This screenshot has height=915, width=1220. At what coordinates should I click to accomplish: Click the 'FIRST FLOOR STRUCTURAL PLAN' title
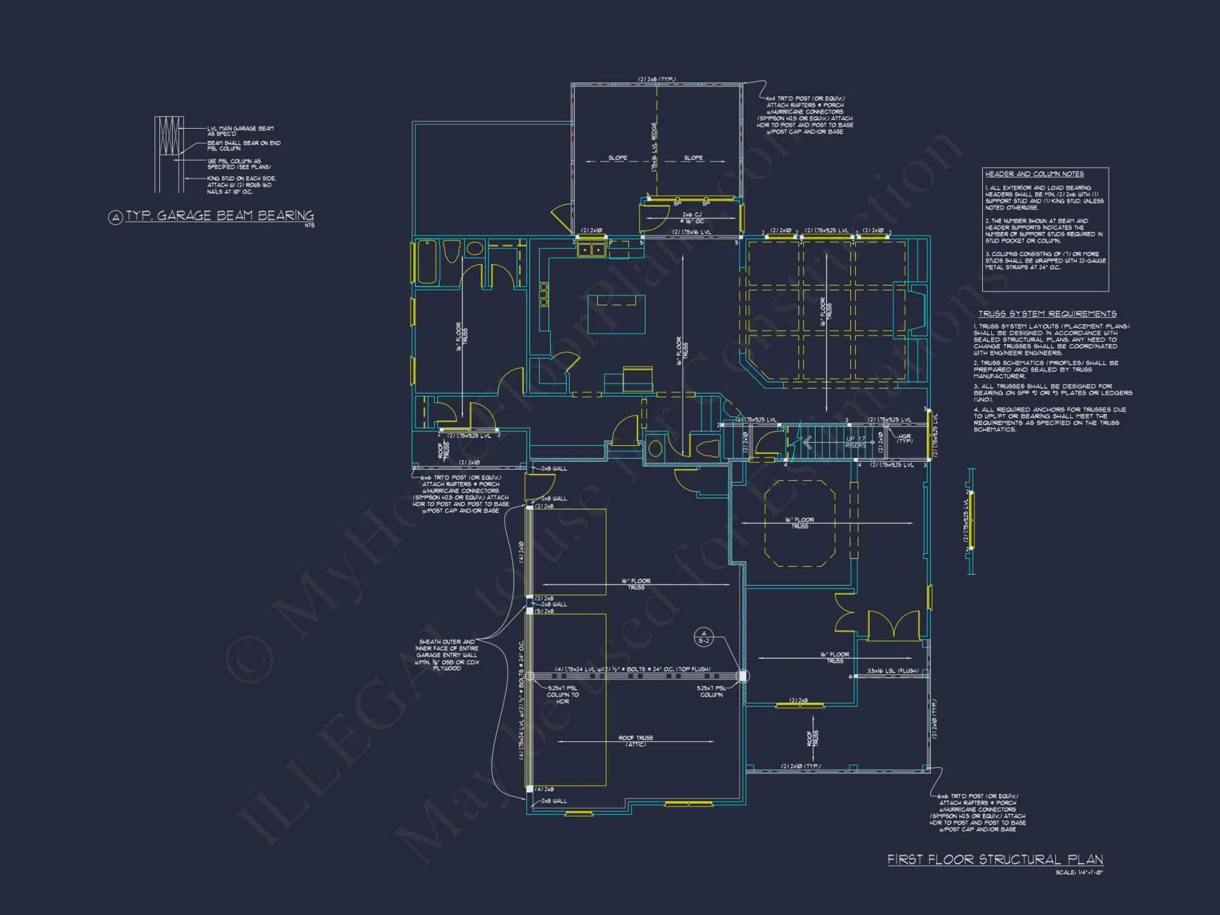(995, 859)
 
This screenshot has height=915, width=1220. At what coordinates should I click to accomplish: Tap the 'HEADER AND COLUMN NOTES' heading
(1035, 174)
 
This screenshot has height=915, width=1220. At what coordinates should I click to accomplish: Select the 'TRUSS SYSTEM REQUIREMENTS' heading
(1047, 314)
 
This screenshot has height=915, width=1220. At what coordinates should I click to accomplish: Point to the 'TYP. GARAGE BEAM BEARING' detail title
(220, 216)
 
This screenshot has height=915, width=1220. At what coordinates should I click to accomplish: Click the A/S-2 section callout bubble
(703, 637)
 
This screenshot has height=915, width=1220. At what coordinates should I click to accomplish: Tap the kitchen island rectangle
(616, 314)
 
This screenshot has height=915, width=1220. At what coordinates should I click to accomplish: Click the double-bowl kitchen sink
(591, 249)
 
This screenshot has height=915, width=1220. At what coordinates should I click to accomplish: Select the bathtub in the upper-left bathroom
(427, 262)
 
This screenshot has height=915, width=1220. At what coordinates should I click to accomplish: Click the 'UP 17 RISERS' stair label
(855, 442)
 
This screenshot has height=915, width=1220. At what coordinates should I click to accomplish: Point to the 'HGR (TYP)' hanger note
(905, 438)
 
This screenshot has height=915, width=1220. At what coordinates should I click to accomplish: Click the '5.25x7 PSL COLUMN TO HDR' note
(562, 695)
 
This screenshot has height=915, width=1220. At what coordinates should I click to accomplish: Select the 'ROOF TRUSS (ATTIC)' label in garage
(636, 741)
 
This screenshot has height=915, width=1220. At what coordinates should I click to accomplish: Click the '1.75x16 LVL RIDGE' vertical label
(655, 146)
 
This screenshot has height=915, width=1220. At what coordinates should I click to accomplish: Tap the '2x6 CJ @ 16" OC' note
(692, 218)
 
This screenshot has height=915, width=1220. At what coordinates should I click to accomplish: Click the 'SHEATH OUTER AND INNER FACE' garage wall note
(447, 655)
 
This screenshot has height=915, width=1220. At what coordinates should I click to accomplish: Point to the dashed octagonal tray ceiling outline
(799, 523)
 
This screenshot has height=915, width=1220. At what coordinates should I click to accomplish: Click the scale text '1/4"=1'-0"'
(1079, 873)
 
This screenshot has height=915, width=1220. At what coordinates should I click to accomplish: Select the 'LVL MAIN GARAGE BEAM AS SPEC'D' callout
(240, 131)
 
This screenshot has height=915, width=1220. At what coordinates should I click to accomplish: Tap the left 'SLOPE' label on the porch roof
(617, 158)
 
